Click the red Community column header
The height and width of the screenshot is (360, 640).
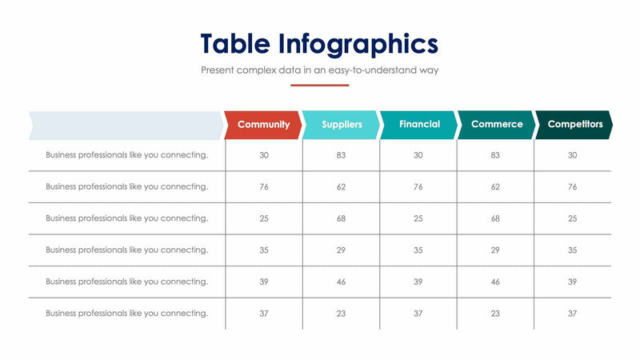point(263,125)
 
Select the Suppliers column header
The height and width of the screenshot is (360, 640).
point(342,125)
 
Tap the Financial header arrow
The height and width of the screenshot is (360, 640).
point(419,125)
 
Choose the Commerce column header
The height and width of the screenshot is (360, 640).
point(497,125)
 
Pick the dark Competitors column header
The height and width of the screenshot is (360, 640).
point(574,125)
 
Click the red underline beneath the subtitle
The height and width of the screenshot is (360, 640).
point(319,85)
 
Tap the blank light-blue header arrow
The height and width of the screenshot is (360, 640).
point(126,125)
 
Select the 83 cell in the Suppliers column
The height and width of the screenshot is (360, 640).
point(341,155)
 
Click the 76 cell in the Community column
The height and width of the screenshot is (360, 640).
point(264,186)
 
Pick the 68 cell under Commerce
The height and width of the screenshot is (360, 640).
point(495,218)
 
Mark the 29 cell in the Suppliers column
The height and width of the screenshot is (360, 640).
point(341,250)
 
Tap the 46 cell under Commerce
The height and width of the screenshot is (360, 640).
point(495,282)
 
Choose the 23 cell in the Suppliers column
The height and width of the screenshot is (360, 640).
point(341,314)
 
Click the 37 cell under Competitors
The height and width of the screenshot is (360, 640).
point(572,314)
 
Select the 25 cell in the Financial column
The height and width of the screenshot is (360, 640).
point(418,218)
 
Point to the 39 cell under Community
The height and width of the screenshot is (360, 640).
point(264,282)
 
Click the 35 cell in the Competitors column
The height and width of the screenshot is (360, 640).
point(572,250)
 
